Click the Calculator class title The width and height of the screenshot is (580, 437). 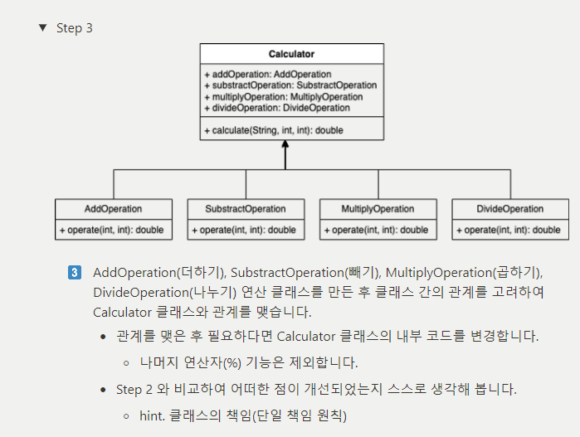[291, 54]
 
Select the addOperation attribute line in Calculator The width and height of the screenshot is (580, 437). [267, 75]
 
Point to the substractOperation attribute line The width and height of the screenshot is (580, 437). [290, 85]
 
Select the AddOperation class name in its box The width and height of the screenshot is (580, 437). [114, 209]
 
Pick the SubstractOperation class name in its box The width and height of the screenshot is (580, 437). [246, 209]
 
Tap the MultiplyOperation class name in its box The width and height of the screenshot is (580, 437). [378, 209]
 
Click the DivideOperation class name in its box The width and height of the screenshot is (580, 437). [510, 209]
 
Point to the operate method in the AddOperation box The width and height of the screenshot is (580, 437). [112, 230]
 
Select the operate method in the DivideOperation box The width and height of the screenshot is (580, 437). [509, 230]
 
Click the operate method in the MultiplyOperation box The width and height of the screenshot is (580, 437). [377, 230]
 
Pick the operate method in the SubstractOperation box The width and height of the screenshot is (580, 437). [244, 230]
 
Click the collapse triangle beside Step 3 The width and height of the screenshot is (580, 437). [43, 27]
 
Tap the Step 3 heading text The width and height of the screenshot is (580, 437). [75, 28]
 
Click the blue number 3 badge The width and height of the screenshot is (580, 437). [74, 273]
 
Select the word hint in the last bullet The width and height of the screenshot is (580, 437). [152, 415]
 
